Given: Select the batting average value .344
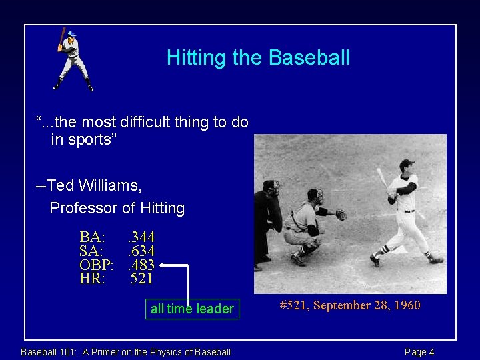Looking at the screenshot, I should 141,237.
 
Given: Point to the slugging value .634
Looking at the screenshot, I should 141,251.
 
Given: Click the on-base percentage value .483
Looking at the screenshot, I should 141,265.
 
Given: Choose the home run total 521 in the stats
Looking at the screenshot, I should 141,279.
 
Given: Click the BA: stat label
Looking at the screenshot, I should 92,237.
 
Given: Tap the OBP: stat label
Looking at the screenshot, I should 96,265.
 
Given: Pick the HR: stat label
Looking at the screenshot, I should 92,279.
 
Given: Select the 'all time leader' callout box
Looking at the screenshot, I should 192,309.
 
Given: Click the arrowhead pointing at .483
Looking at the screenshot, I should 163,265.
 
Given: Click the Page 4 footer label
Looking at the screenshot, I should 419,352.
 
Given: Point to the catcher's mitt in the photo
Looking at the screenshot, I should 341,215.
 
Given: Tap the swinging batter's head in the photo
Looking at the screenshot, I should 406,167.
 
